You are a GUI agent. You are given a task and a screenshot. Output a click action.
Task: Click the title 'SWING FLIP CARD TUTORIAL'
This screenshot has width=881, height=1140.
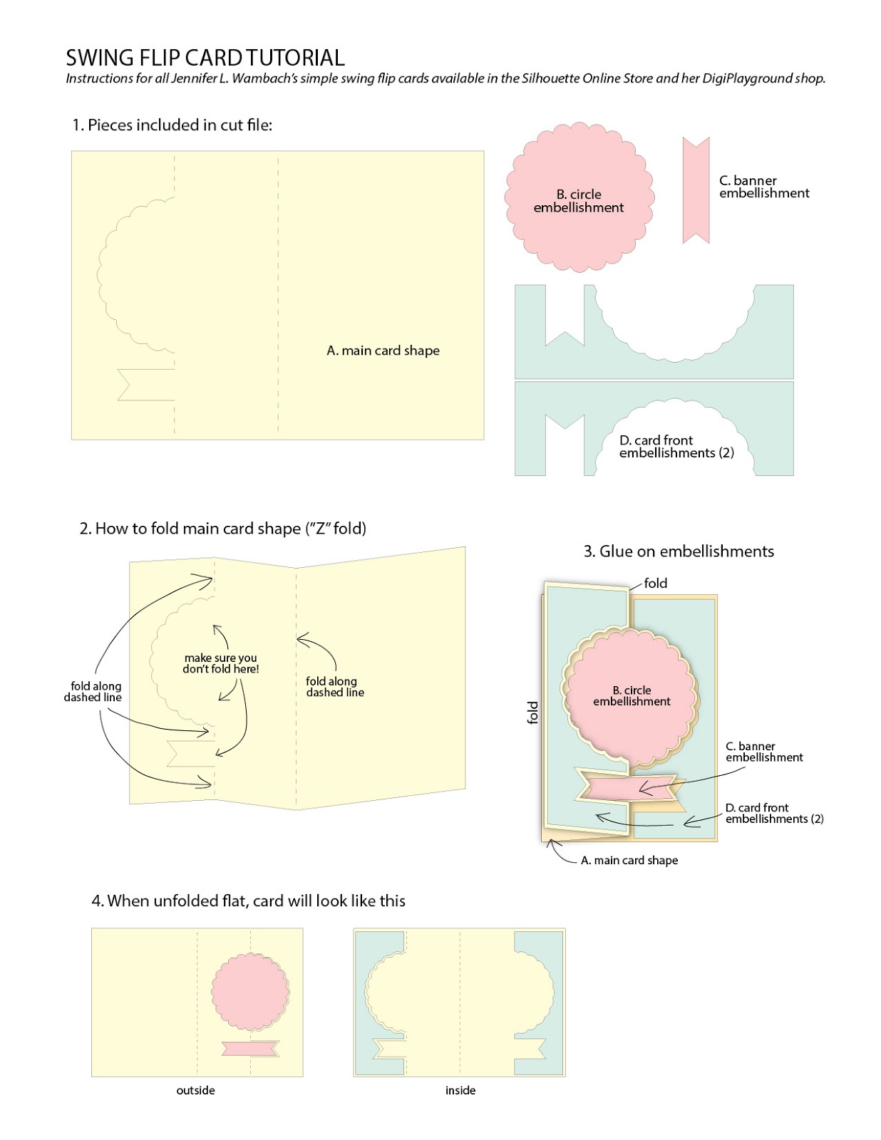point(205,58)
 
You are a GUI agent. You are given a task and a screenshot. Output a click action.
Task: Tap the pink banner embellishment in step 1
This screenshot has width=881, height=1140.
point(696,190)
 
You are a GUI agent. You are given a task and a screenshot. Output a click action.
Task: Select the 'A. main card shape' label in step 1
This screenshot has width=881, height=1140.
point(383,351)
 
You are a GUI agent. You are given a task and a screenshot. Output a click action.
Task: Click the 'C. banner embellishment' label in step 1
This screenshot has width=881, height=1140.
point(763,187)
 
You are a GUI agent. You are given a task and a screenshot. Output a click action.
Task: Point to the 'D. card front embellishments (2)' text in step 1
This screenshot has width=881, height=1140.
point(676,447)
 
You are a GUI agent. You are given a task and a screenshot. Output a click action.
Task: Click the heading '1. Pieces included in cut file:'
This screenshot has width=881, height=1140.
point(172,125)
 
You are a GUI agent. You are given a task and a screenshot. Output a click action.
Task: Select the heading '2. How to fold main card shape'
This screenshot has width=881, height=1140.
point(222,529)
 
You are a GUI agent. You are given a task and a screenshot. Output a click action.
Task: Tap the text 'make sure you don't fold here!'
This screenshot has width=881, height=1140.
point(220,663)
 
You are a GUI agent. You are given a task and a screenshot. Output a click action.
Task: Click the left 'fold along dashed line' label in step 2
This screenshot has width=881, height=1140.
point(93,692)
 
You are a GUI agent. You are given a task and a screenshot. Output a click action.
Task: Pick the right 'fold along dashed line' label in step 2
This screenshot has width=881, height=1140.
point(334,687)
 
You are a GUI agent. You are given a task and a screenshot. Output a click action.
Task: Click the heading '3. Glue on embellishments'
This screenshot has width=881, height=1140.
point(678,551)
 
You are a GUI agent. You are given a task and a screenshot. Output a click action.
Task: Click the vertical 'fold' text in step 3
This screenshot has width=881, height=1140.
point(532,712)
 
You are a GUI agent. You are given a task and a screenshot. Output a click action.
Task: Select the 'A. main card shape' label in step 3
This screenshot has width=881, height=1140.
point(629,861)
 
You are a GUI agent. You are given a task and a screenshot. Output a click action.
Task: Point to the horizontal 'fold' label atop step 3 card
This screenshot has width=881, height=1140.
point(655,584)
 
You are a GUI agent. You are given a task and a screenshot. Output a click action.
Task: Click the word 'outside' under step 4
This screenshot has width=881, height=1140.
point(195,1090)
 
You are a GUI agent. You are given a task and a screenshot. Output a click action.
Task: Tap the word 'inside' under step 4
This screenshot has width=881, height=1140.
point(460,1090)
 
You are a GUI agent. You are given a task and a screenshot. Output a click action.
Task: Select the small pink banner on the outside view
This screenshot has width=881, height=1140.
point(249,1048)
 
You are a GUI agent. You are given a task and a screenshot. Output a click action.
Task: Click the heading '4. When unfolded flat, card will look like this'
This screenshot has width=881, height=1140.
point(248,901)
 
